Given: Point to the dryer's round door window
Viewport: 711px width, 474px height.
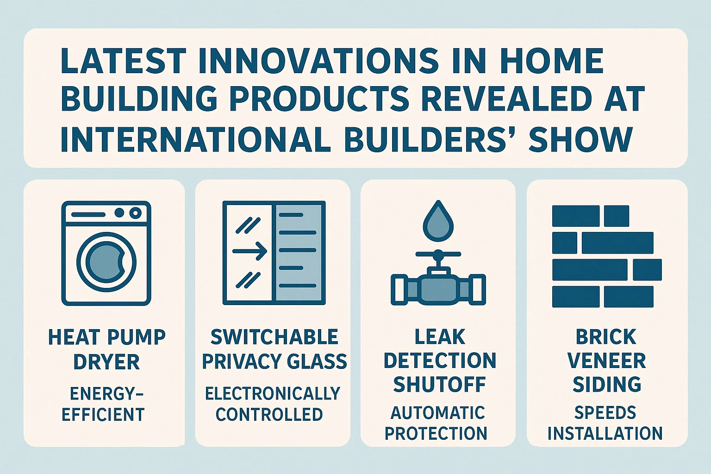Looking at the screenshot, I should click(107, 262).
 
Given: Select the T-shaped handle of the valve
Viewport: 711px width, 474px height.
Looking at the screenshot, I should click(438, 255).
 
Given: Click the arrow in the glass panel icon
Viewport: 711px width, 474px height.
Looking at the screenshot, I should click(249, 252).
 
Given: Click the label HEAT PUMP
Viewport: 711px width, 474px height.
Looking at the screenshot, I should click(107, 337).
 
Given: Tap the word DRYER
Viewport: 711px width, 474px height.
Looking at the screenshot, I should click(106, 362).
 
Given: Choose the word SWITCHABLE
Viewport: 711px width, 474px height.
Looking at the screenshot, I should click(274, 337).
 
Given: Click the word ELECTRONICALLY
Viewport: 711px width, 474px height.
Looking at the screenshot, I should click(273, 394).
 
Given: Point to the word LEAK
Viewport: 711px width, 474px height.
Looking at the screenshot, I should click(440, 337).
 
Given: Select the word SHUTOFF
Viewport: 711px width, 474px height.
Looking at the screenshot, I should click(439, 385).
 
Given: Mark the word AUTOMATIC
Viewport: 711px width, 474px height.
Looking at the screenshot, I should click(438, 413).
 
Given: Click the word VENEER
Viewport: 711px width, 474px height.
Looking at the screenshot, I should click(606, 361).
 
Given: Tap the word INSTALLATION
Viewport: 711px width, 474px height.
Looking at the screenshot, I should click(605, 433).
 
